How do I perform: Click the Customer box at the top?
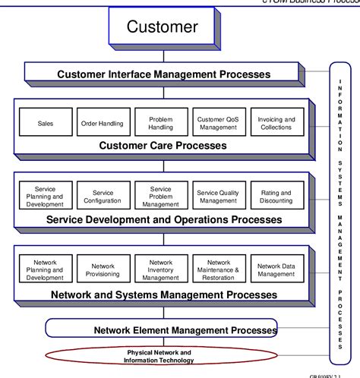pyautogui.click(x=162, y=28)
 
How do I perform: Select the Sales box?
pyautogui.click(x=46, y=123)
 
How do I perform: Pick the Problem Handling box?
pyautogui.click(x=160, y=123)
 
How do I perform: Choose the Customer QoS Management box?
pyautogui.click(x=218, y=123)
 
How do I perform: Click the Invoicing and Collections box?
pyautogui.click(x=275, y=123)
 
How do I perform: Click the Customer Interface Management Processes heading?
pyautogui.click(x=163, y=74)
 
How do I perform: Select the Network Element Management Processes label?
pyautogui.click(x=185, y=330)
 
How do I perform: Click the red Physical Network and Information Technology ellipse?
pyautogui.click(x=158, y=357)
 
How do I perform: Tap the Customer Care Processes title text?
pyautogui.click(x=163, y=145)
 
